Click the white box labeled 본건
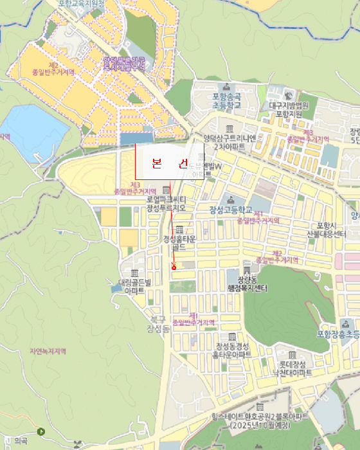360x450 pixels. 169,161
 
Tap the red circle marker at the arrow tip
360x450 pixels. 174,266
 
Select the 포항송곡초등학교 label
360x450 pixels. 226,101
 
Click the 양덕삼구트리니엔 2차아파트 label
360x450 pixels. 230,142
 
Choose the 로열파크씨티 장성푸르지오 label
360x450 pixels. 166,204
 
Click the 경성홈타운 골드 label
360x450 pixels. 179,242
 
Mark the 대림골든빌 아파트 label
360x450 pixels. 134,286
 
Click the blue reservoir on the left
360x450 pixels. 26,132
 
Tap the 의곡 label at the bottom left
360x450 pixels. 21,441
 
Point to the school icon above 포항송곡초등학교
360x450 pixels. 226,87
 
